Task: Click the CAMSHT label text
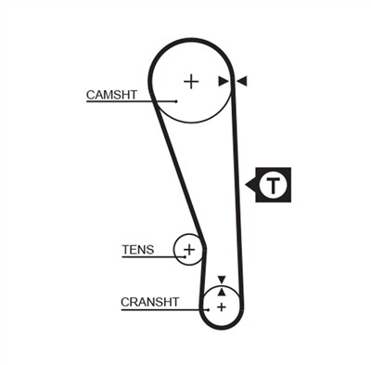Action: coord(111,95)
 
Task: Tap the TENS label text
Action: coord(138,250)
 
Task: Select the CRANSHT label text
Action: coord(150,302)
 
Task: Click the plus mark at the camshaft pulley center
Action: coord(191,82)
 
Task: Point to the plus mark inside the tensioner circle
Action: coord(189,249)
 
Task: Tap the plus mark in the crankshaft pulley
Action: coord(222,307)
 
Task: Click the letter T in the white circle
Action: coord(274,186)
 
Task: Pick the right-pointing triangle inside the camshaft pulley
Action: coord(224,81)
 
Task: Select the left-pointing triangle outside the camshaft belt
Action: coord(242,81)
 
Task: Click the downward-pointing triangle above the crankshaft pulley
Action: coord(222,279)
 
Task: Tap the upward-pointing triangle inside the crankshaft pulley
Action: coord(221,292)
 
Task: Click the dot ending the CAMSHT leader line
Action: coord(176,101)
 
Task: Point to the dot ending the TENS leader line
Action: coord(185,256)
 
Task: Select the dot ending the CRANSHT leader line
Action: coord(209,309)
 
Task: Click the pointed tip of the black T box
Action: coord(246,185)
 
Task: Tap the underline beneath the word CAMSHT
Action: coord(131,101)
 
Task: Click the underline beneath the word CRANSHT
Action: coord(164,309)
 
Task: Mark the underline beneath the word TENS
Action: coord(153,257)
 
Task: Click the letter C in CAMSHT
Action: coord(91,95)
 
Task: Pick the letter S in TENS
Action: coord(149,250)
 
